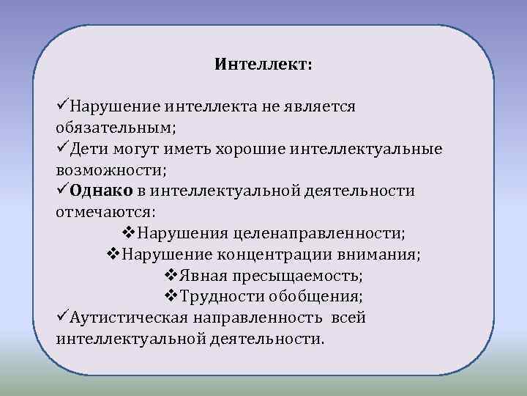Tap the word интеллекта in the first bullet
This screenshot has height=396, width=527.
click(209, 107)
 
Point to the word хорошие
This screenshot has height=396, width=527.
click(250, 150)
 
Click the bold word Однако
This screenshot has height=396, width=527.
click(102, 191)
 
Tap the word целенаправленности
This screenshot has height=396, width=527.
click(317, 234)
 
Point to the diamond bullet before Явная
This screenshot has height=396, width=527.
click(166, 276)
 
